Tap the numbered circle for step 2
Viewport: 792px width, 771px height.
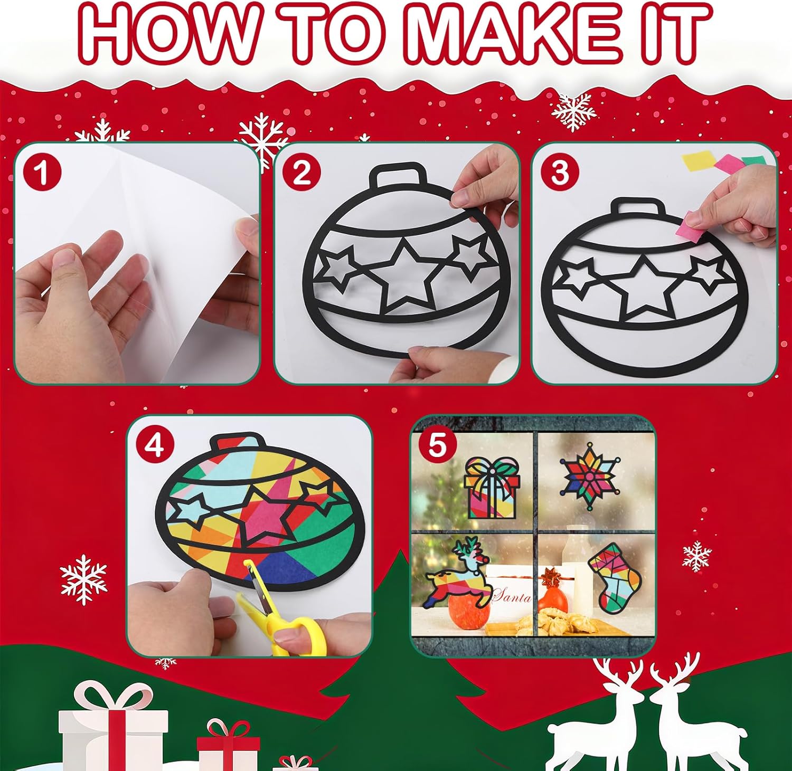point(301,173)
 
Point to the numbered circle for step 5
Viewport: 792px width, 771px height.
point(437,445)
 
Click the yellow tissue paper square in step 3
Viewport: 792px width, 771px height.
point(700,161)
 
